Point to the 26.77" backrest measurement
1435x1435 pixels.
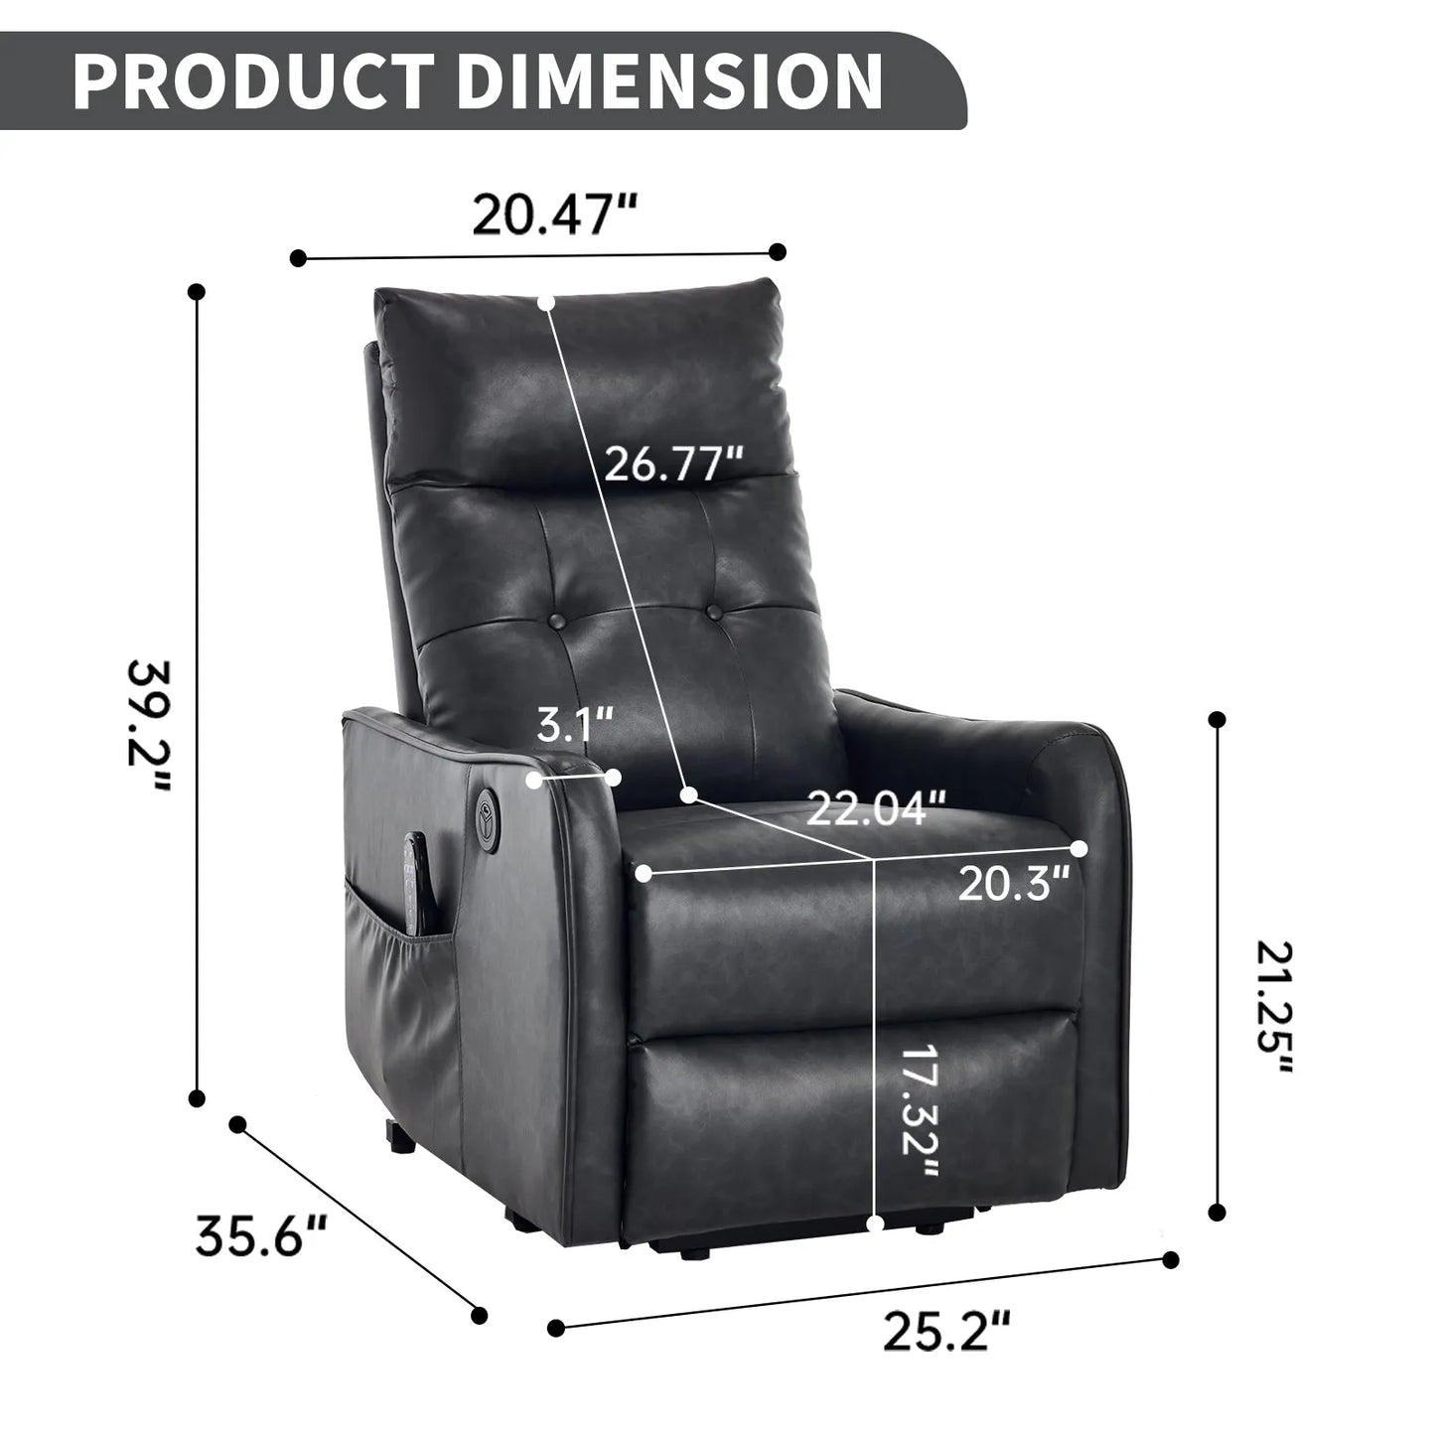[673, 463]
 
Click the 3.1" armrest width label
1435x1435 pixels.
[575, 725]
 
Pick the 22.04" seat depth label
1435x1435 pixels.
[875, 808]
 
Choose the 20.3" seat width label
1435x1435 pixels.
[1013, 883]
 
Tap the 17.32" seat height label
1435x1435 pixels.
[920, 1111]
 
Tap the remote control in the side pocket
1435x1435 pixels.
[415, 883]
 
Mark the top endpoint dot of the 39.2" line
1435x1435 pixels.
[197, 293]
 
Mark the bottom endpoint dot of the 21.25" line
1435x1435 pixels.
[1218, 1213]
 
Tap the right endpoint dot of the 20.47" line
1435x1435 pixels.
[778, 252]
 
